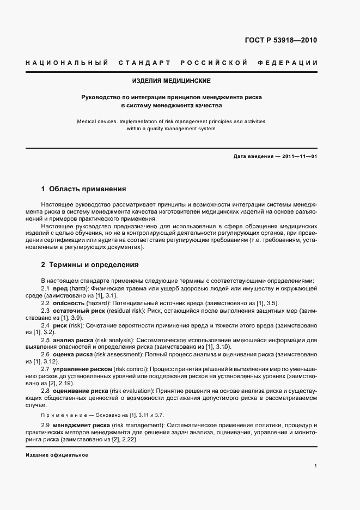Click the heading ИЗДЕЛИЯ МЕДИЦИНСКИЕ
(172, 81)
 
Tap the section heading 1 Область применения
(83, 189)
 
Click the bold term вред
(59, 288)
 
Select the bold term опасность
(69, 302)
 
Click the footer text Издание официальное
(57, 454)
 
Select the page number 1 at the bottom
(316, 466)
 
